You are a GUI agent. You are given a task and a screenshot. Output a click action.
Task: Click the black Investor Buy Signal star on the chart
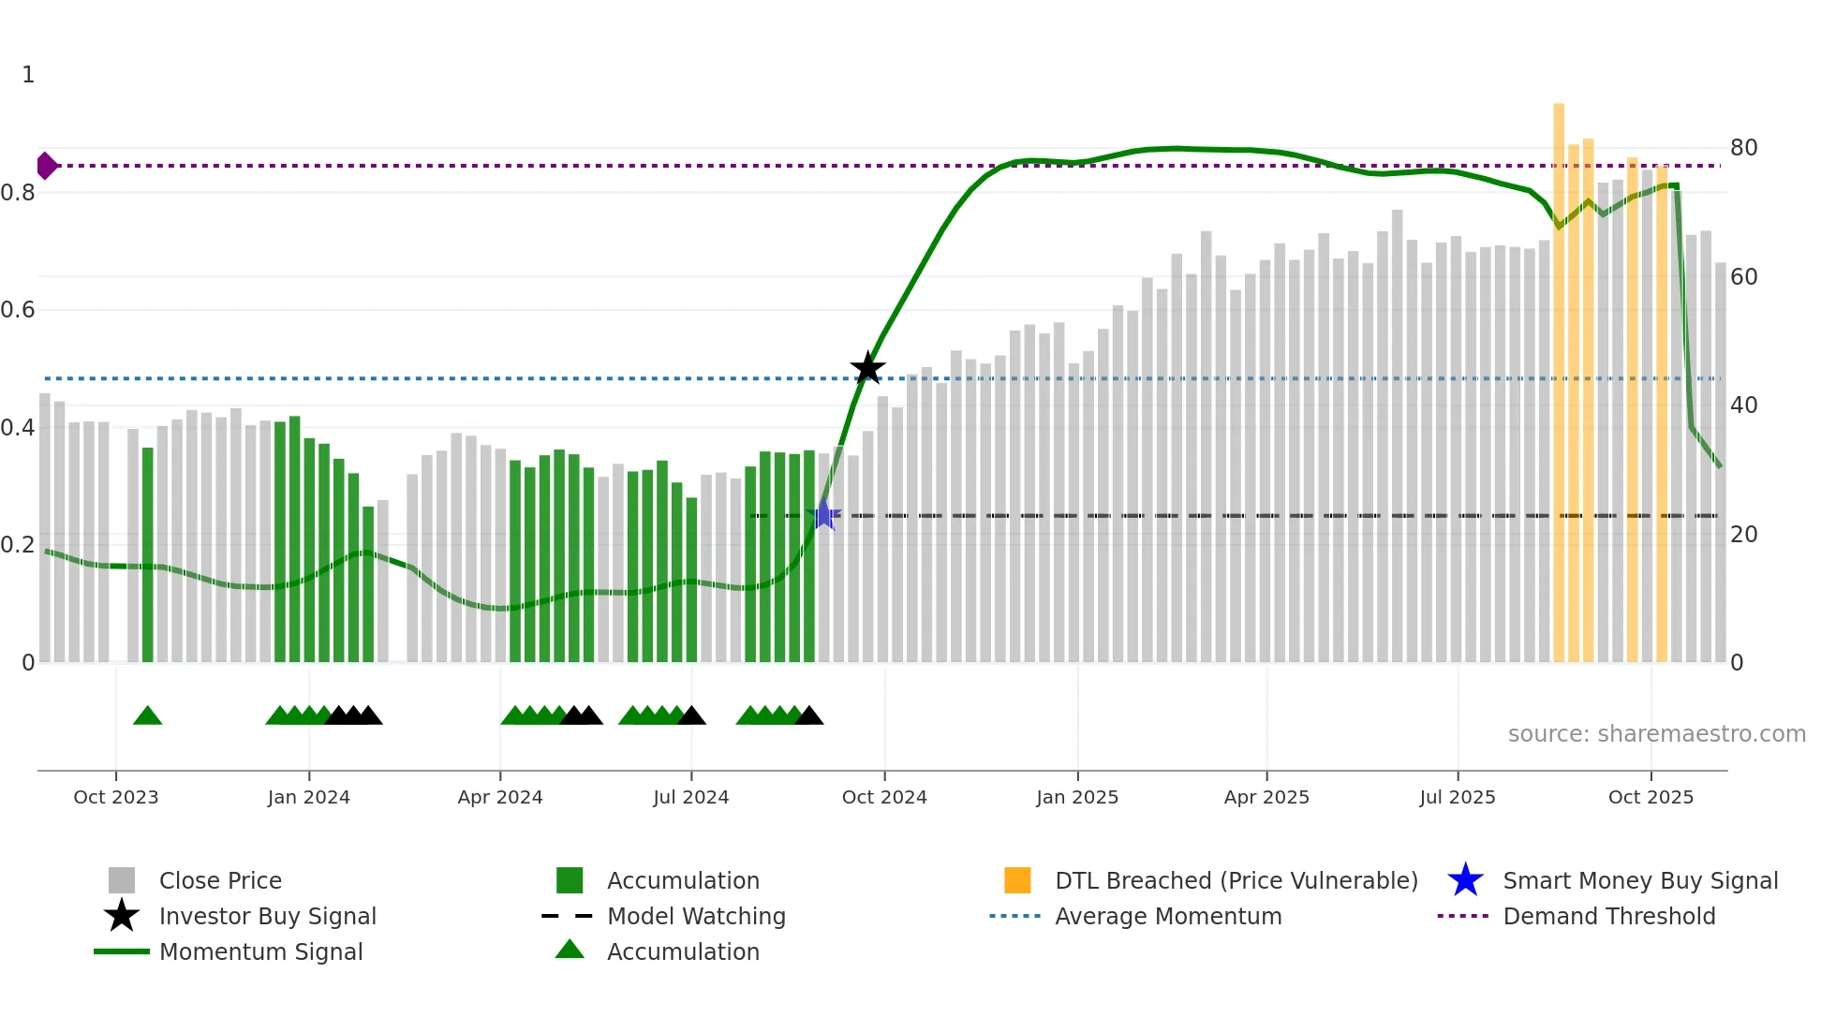point(867,368)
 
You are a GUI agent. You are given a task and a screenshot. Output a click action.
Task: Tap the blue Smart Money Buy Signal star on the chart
point(823,515)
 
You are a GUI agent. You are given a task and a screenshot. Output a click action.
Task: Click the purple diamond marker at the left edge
point(46,166)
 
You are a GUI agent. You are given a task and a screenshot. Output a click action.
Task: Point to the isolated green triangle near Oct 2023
point(147,715)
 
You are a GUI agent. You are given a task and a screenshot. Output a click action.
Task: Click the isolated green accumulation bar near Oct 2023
point(147,554)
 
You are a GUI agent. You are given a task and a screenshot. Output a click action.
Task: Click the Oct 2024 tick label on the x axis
point(883,797)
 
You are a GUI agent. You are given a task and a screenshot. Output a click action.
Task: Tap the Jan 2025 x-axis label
point(1076,797)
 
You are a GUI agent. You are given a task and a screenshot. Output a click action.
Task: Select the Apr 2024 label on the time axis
point(499,797)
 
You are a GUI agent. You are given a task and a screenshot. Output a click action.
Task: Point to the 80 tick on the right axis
point(1743,148)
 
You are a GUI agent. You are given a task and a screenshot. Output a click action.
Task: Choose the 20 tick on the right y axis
point(1743,535)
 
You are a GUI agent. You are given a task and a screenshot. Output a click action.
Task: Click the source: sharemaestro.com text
point(1656,734)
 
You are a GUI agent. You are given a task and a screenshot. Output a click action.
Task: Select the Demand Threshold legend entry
point(1608,916)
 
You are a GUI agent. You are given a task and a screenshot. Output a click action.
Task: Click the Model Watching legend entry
point(695,916)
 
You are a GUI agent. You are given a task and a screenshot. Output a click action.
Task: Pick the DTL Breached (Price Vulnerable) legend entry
point(1236,880)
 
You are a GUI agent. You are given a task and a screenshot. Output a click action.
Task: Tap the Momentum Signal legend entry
point(260,951)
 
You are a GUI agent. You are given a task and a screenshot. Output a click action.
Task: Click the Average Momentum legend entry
point(1167,916)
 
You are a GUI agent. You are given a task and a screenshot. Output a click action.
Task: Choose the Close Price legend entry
point(219,880)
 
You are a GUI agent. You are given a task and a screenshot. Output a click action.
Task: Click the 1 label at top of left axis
point(28,75)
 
